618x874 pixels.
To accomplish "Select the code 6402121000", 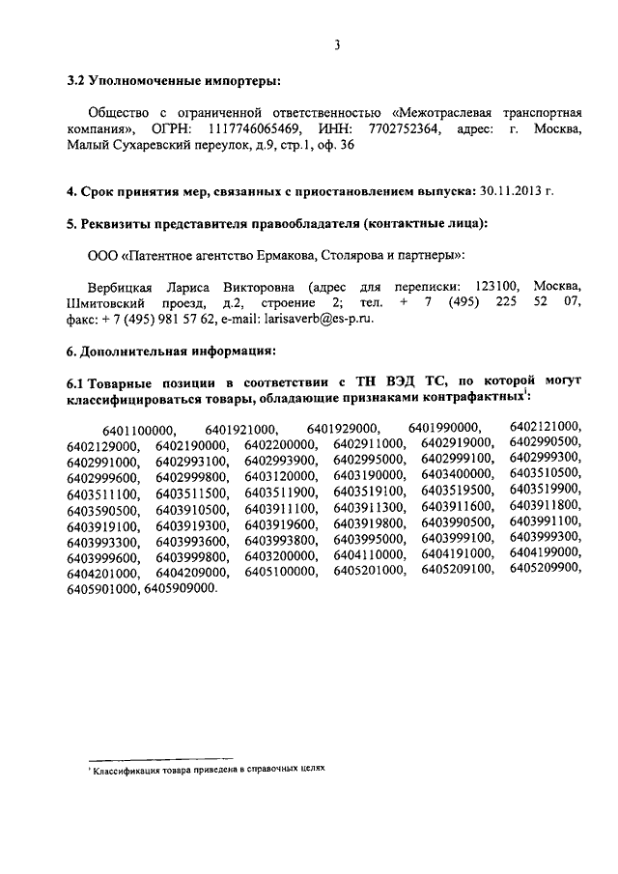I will click(x=546, y=427).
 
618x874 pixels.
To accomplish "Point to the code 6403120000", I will click(x=280, y=474).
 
